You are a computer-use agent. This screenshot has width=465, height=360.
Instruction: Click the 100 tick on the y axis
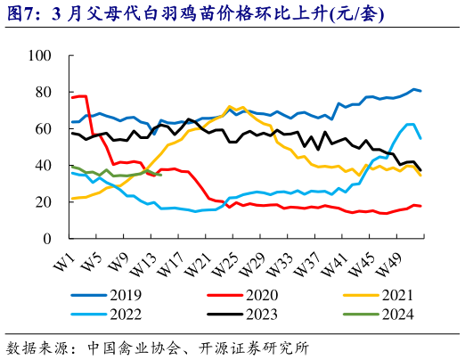tap(40, 55)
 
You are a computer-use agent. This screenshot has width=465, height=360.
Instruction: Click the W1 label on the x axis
tap(63, 265)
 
